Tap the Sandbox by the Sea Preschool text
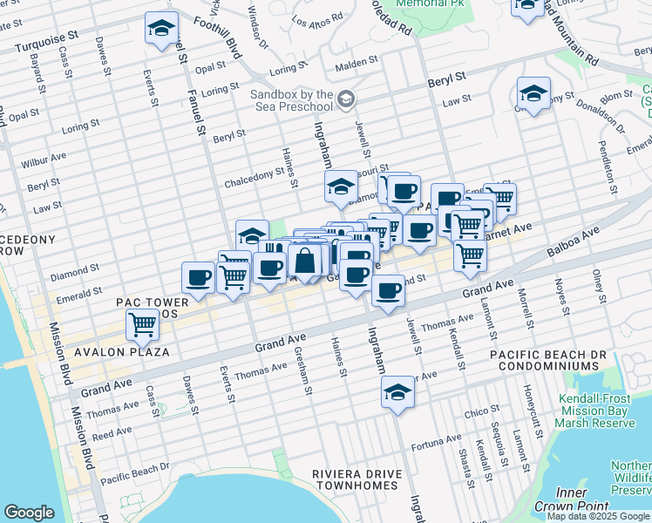click(x=292, y=100)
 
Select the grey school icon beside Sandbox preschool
click(x=347, y=98)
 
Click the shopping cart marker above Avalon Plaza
click(x=142, y=325)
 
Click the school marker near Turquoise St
click(x=161, y=29)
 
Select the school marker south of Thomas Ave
click(x=397, y=392)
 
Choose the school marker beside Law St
click(x=533, y=94)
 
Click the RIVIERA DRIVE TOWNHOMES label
click(x=359, y=479)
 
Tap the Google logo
click(x=29, y=513)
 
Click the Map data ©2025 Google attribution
click(x=598, y=516)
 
